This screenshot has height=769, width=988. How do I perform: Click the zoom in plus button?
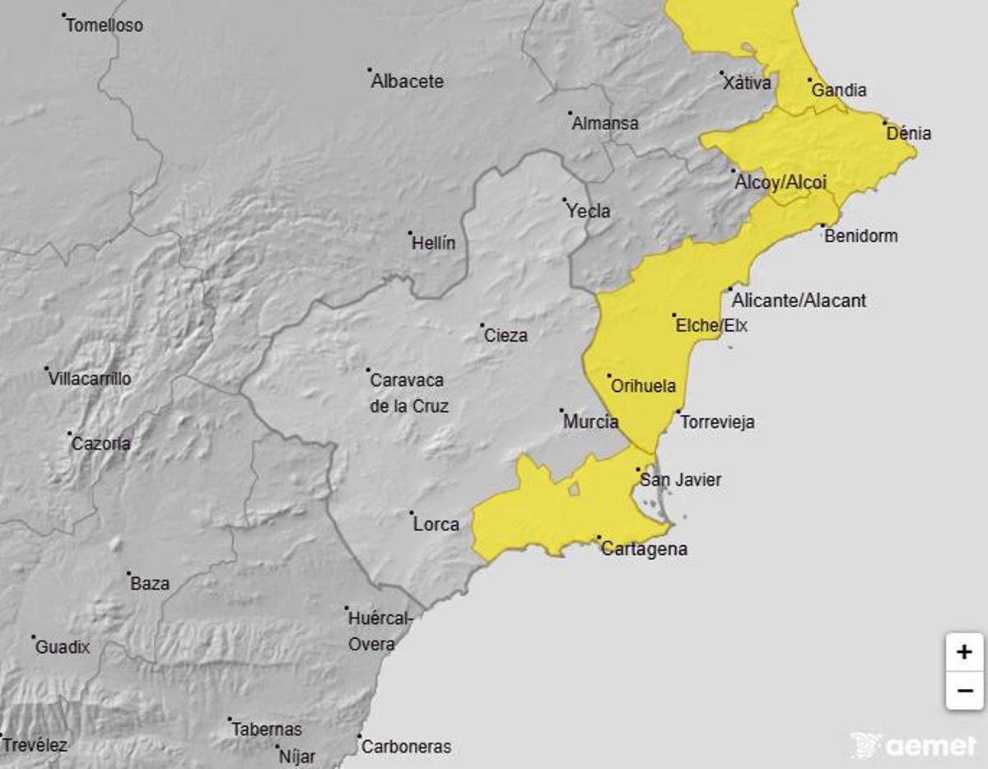point(964,653)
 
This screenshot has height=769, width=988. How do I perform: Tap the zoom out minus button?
point(964,690)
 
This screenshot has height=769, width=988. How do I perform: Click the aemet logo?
point(913,745)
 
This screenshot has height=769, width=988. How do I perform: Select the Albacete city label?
point(408,82)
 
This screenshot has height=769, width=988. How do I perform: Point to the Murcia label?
point(590,422)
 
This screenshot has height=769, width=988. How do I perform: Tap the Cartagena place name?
point(644,549)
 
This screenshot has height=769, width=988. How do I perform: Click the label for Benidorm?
point(860,236)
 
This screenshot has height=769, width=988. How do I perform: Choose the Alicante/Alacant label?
point(799,301)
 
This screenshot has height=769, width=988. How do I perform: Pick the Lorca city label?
point(436,524)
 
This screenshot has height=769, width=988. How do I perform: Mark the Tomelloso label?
point(105,26)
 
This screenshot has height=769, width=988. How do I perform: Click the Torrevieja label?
point(717,422)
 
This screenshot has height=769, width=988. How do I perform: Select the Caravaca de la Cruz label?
point(409,393)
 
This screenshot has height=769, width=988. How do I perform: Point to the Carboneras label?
point(407,747)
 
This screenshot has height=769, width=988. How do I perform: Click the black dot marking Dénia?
point(886,124)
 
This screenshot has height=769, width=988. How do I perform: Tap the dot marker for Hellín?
point(411,233)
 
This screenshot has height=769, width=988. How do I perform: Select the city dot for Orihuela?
point(609,376)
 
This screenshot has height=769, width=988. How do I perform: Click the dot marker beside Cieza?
point(482,325)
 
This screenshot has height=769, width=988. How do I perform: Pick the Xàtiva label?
point(747,82)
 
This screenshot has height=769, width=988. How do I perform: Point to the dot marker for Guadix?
point(34,637)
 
